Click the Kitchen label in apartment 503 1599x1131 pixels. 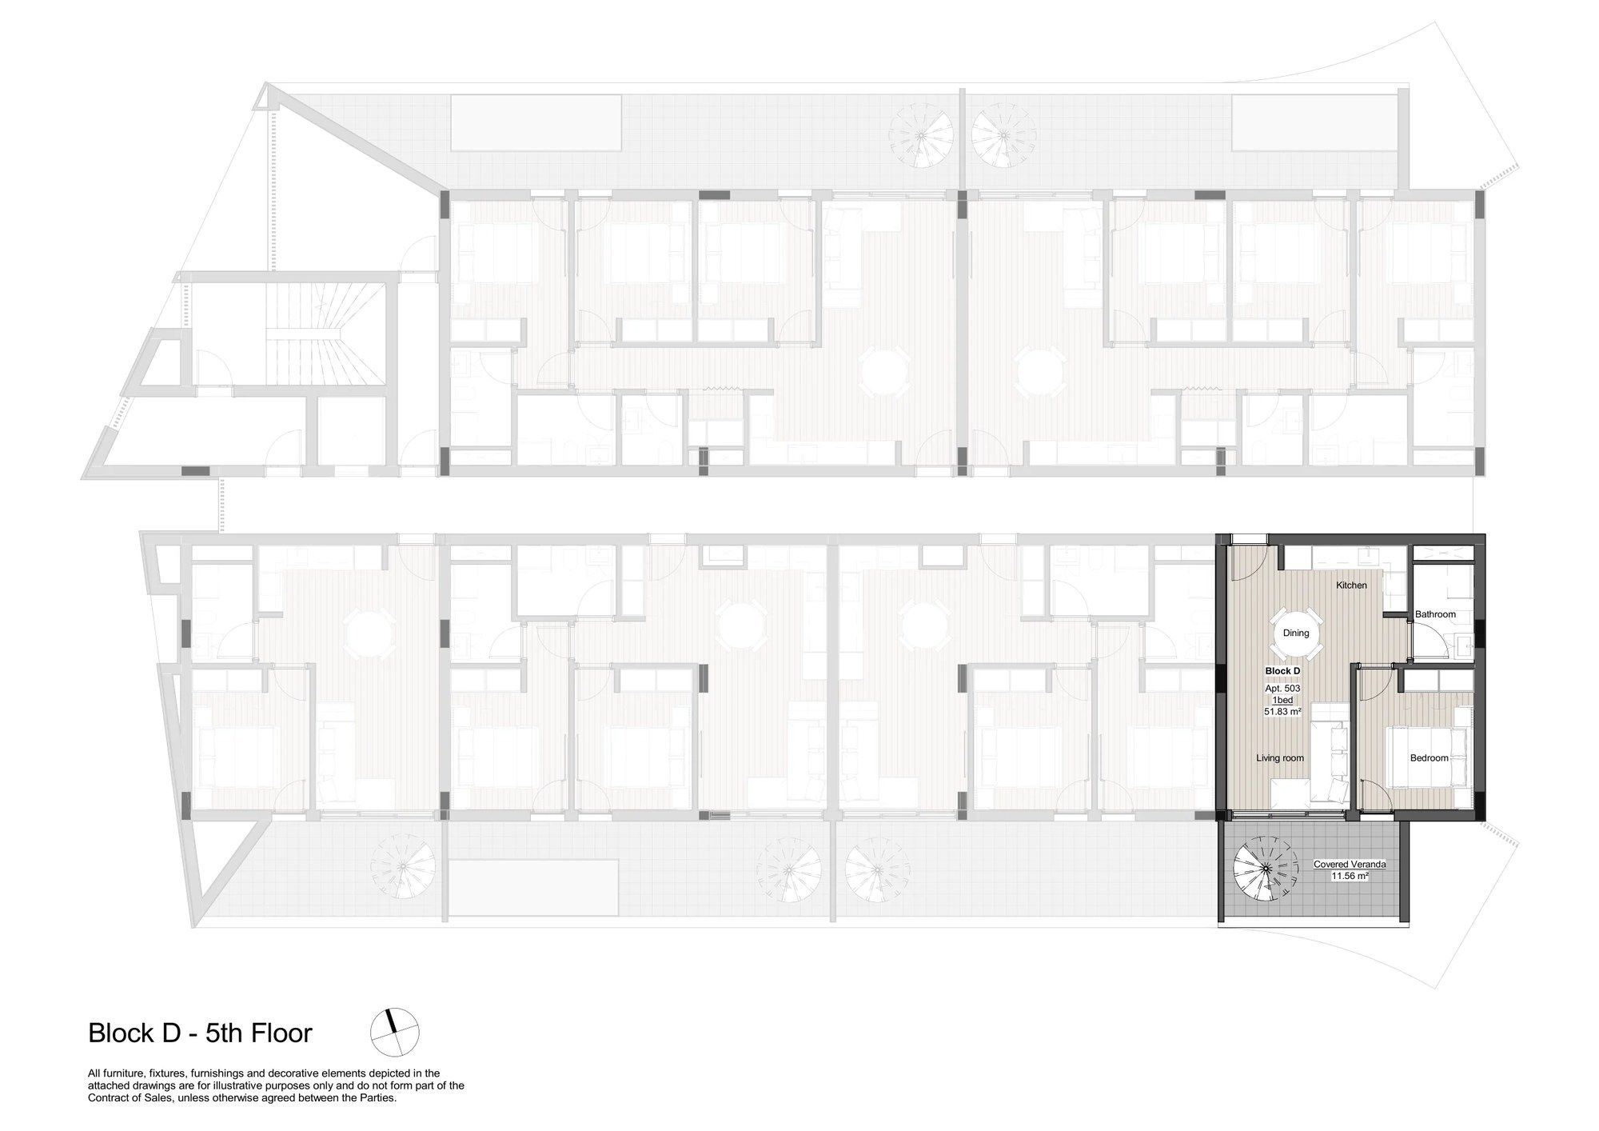(1352, 585)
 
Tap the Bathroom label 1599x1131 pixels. (1435, 614)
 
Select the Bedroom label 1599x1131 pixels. (1429, 757)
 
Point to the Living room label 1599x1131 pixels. (1280, 757)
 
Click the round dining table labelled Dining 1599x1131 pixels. (1296, 633)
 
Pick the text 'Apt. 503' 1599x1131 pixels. (1282, 688)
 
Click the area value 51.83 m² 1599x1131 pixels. (1282, 711)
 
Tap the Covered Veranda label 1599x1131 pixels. (1350, 865)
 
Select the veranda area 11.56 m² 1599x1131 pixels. (1350, 876)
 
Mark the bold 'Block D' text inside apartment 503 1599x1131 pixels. (1282, 670)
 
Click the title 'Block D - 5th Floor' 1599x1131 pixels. (200, 1033)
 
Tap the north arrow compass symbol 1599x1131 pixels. (395, 1033)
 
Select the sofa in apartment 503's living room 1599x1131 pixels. (1331, 761)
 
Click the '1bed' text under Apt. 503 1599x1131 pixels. (1282, 700)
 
